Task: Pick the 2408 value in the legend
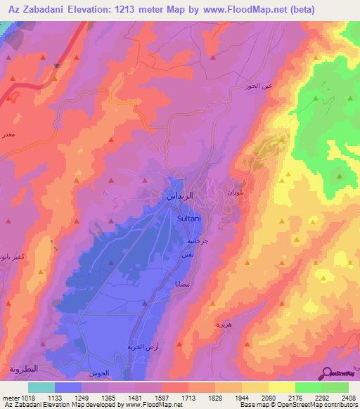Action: [x=349, y=396]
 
